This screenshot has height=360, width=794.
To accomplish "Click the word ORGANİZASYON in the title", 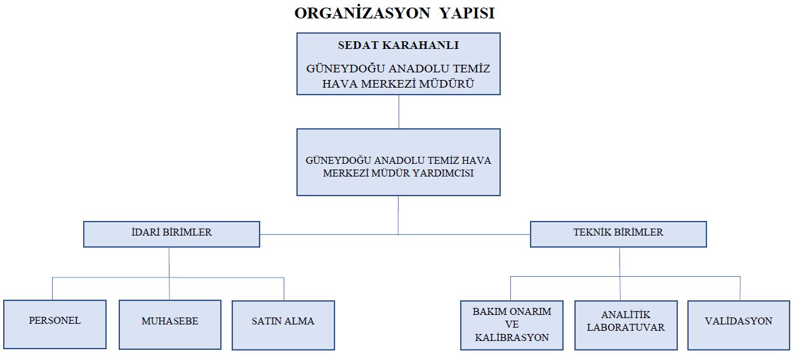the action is (x=362, y=13).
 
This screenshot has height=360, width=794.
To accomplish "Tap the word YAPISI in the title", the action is (x=467, y=13).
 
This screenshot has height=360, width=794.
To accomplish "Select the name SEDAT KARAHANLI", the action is (x=399, y=45).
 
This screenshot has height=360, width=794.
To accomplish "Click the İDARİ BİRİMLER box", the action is (x=171, y=234).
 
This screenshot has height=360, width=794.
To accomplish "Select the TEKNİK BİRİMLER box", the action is (x=618, y=234).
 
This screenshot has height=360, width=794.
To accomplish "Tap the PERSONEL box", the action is (x=55, y=324).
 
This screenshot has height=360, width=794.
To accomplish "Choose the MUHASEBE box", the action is (x=170, y=324).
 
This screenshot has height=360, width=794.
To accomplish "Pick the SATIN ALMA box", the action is (x=283, y=325).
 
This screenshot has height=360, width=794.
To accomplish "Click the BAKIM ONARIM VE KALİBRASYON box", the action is (x=512, y=325).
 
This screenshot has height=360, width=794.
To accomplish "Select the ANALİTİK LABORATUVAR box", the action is (x=626, y=325).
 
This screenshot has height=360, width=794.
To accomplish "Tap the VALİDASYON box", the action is (x=739, y=325).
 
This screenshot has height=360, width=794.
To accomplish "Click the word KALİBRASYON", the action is (x=512, y=337).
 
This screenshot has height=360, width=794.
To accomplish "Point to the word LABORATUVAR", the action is (x=626, y=327).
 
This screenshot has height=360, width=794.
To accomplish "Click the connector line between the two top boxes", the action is (x=399, y=112).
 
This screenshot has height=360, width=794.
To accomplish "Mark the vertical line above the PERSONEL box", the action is (x=53, y=289).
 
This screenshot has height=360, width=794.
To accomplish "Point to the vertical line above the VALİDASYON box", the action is (x=740, y=289).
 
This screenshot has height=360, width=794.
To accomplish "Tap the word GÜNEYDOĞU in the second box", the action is (x=338, y=160).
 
